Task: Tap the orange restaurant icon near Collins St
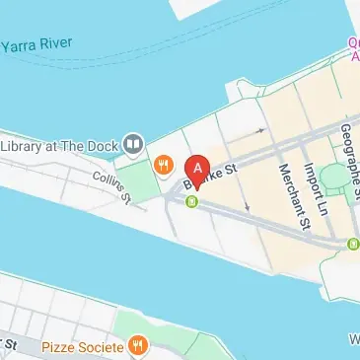163,164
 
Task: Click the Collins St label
111,184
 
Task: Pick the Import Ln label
317,187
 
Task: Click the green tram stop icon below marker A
191,202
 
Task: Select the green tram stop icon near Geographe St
352,243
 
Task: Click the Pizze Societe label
82,346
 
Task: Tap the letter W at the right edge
354,340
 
